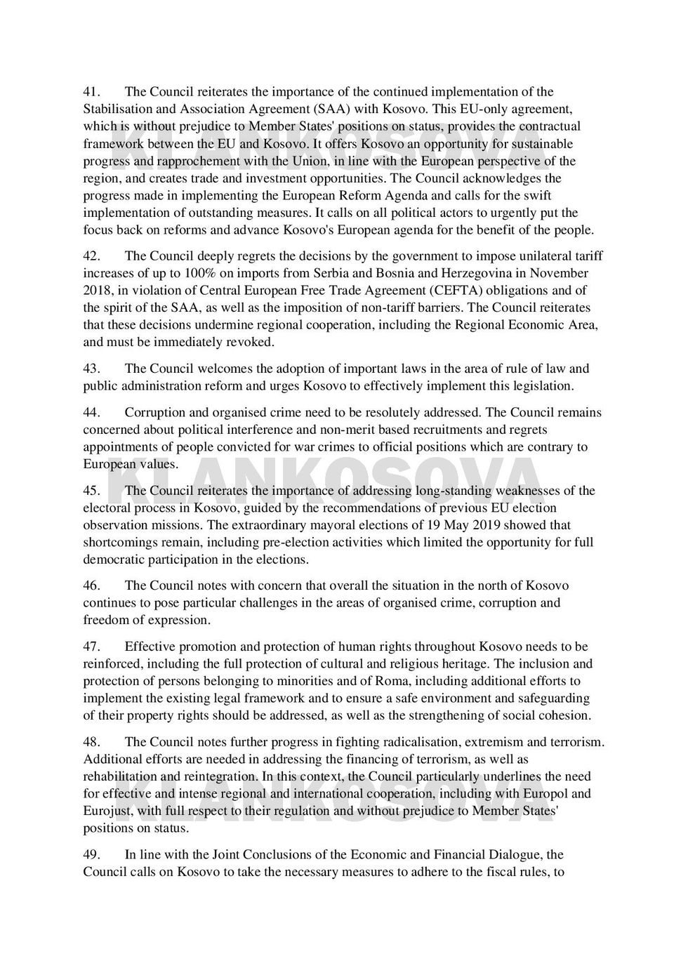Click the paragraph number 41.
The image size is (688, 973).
click(x=93, y=92)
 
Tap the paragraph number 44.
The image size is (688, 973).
click(x=93, y=413)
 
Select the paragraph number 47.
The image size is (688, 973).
click(x=93, y=647)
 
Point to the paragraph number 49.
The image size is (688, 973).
click(x=93, y=855)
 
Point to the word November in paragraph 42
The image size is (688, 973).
click(x=559, y=273)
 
